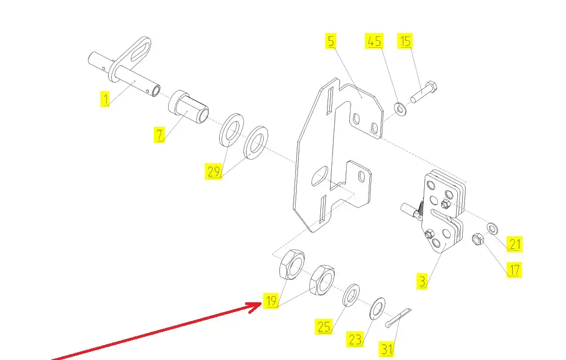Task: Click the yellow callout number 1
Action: pos(104,99)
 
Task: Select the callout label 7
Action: pos(159,135)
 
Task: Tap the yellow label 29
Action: pos(214,171)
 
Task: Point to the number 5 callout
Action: pos(330,41)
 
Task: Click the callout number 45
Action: pos(374,41)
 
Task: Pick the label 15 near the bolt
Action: pos(405,41)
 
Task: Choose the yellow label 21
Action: pos(514,244)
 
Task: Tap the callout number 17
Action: pos(514,270)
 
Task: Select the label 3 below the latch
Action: pos(422,282)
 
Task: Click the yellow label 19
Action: pos(270,301)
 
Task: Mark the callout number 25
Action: pos(324,327)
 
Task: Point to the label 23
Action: pos(355,340)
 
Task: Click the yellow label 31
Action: pos(387,348)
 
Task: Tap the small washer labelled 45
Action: pos(400,108)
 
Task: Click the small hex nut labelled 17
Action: pos(478,239)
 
